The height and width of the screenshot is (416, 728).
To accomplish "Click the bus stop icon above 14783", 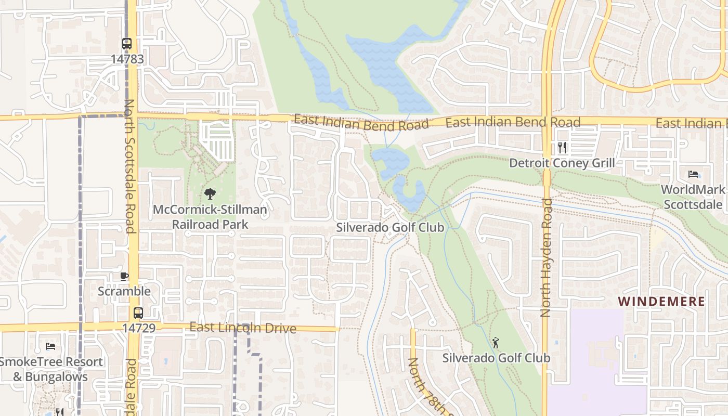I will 127,44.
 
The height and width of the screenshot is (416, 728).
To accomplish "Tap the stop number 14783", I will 127,59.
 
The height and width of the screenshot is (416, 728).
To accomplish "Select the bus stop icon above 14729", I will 138,313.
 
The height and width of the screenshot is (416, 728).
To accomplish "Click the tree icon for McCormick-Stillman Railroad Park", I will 210,194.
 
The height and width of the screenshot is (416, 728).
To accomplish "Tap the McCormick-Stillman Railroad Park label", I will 210,217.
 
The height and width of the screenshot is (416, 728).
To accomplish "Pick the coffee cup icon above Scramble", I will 124,276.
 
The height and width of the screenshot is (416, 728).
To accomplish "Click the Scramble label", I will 124,291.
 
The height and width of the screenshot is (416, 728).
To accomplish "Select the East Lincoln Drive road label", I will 243,328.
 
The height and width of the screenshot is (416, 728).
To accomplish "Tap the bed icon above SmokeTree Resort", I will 50,346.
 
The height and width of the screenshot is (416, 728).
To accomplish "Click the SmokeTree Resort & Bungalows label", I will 51,369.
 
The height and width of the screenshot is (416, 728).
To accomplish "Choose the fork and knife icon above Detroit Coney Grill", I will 562,148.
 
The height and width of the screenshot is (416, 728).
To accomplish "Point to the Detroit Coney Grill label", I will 562,163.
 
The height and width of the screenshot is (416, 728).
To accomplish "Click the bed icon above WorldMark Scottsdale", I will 693,174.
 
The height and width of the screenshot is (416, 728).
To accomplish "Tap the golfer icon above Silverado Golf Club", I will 496,343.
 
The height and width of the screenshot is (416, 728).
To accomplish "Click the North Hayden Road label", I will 545,257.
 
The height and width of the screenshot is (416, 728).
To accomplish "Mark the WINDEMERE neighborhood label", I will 661,302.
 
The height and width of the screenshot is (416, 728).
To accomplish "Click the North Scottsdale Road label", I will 129,166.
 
